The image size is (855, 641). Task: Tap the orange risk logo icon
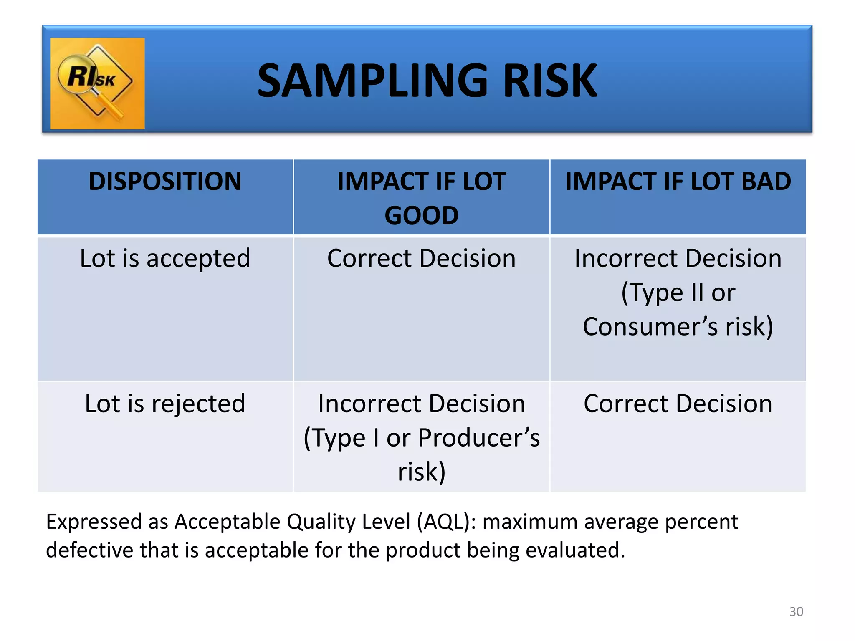[97, 83]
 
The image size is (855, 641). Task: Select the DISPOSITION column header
[165, 182]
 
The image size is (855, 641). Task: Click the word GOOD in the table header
[421, 216]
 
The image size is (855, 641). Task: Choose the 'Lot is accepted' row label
[165, 258]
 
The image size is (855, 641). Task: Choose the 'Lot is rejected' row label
[165, 404]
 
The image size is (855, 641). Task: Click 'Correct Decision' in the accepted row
[421, 258]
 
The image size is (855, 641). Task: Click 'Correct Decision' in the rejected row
[678, 404]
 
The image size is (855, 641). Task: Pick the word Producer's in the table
[479, 438]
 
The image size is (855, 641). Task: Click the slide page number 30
[796, 611]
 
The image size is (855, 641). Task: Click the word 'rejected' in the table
[198, 404]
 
